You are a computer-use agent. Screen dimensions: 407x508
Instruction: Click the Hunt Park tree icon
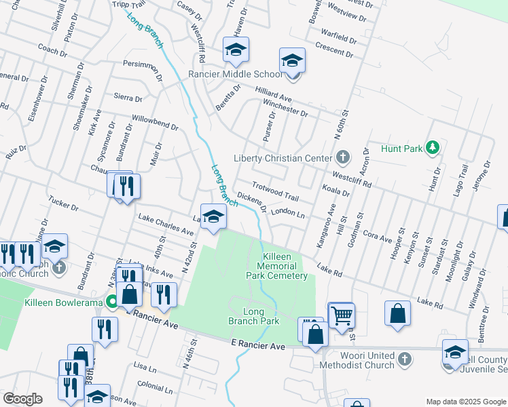click(431, 148)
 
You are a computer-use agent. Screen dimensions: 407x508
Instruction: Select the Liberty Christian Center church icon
click(343, 158)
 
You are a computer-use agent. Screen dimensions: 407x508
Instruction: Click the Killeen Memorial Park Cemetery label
click(286, 266)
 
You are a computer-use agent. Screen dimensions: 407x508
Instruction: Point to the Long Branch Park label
click(253, 316)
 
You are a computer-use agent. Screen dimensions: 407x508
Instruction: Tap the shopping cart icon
click(341, 315)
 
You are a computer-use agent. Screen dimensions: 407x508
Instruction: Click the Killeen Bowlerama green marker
click(111, 302)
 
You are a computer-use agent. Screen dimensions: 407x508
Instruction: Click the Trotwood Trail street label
click(275, 191)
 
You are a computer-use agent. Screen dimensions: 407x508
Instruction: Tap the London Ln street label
click(287, 212)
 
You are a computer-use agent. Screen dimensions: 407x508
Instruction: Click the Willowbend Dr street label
click(155, 122)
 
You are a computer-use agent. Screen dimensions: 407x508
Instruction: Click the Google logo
click(23, 399)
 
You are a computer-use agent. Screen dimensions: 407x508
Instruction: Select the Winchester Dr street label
click(285, 109)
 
